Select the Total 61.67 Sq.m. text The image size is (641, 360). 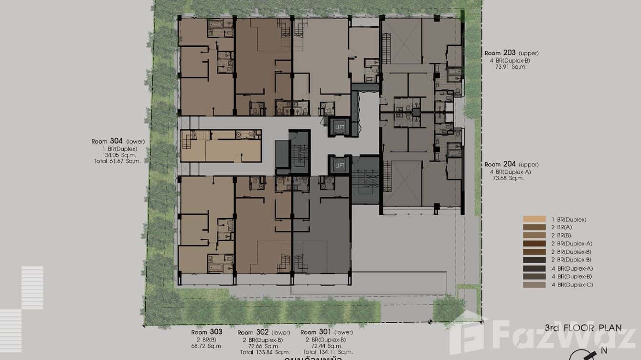(x=118, y=161)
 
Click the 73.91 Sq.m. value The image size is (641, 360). (x=507, y=67)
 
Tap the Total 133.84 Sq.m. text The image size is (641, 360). (x=259, y=352)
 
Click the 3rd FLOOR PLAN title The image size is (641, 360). (x=583, y=328)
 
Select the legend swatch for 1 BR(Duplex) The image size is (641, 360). (x=534, y=219)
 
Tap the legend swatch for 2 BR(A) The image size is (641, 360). (x=534, y=227)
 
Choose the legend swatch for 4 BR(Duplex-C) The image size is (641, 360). (x=534, y=285)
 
